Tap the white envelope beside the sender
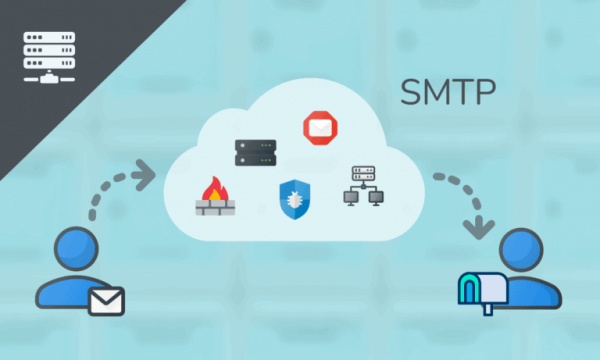click(106, 299)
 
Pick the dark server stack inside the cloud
click(254, 154)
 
